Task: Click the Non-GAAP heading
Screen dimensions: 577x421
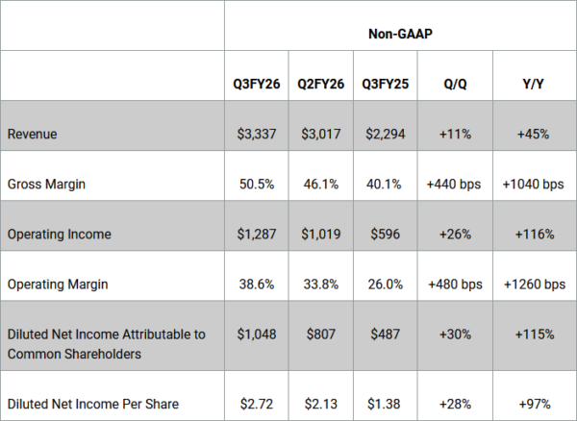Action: pos(400,34)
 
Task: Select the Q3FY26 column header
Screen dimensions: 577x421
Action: pos(257,84)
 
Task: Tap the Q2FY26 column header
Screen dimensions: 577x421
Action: pos(321,84)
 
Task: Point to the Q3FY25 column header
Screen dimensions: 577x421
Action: pos(386,84)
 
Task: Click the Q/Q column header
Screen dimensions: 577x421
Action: pos(455,84)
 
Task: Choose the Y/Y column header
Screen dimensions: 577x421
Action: pos(533,84)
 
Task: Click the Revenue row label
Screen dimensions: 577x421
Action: pos(32,134)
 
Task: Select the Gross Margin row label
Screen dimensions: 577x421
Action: pos(46,184)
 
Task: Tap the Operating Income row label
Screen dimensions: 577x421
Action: pos(60,235)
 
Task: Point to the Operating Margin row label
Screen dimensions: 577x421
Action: pos(58,285)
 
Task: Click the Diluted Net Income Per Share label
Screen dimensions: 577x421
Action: pos(93,404)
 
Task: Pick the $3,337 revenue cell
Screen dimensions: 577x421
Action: pos(257,134)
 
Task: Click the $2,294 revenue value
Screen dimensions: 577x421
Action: pos(386,134)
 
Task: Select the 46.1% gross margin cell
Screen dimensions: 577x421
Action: pos(321,184)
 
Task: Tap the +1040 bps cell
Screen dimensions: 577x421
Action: pos(533,184)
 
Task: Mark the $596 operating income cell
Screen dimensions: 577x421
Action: pos(386,235)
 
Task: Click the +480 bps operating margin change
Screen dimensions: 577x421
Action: pos(455,285)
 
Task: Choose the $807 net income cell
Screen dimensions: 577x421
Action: pos(321,334)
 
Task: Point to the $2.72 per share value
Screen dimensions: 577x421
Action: pos(257,404)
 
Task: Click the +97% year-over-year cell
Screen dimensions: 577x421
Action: pos(535,404)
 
